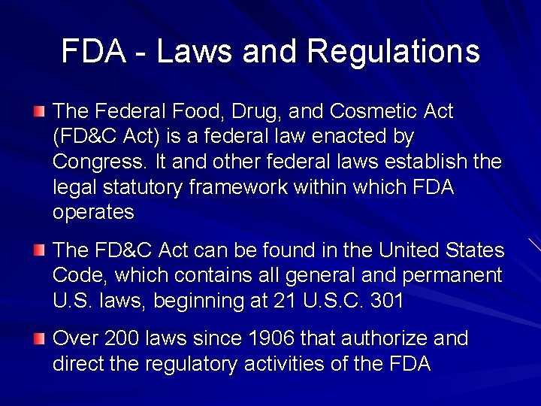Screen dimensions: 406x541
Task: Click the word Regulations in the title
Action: point(393,52)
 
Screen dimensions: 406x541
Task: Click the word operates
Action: point(93,213)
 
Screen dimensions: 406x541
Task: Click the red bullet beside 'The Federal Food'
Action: point(39,112)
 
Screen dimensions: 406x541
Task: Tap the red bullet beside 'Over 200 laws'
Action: point(39,339)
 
